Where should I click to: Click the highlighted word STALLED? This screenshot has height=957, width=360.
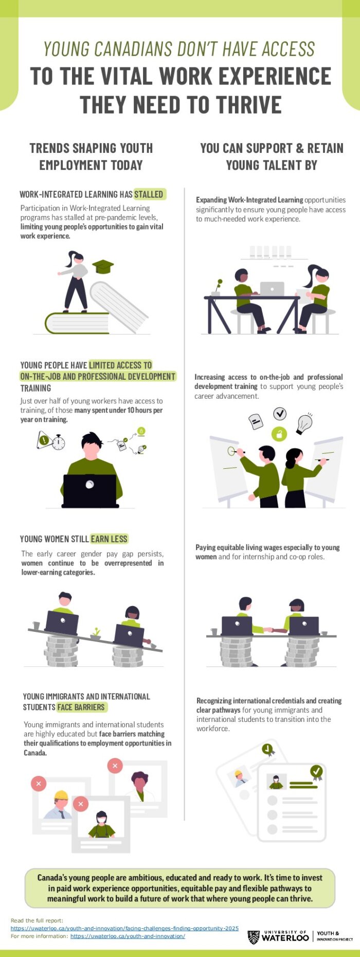[149, 194]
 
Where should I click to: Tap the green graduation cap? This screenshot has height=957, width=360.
[103, 266]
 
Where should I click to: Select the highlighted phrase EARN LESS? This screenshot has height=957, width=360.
[109, 539]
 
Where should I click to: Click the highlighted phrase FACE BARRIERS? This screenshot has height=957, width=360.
[81, 707]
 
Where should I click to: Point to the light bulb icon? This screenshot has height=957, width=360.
[304, 423]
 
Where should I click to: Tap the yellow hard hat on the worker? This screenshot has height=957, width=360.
[61, 795]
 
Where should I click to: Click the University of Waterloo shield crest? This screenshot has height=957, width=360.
[254, 937]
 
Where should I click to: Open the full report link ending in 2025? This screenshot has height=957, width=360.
[124, 929]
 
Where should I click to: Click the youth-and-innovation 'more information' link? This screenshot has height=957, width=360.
[128, 936]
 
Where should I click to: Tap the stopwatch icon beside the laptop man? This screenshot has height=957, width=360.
[59, 442]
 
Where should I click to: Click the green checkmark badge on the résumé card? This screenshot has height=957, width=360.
[316, 771]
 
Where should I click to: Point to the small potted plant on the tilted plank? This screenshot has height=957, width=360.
[96, 634]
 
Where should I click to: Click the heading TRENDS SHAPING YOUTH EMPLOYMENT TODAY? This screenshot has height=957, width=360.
[91, 156]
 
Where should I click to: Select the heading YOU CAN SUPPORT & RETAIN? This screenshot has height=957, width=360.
[272, 148]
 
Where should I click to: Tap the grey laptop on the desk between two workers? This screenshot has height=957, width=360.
[272, 289]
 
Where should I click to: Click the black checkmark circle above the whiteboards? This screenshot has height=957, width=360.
[280, 413]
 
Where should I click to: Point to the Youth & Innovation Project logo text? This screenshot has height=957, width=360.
[335, 936]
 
